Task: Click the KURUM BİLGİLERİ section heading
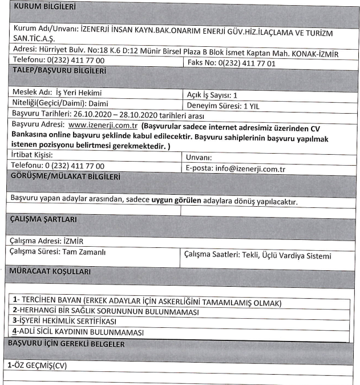pos(45,7)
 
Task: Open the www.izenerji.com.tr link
pos(102,124)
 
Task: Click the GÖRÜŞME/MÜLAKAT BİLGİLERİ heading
pos(66,177)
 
